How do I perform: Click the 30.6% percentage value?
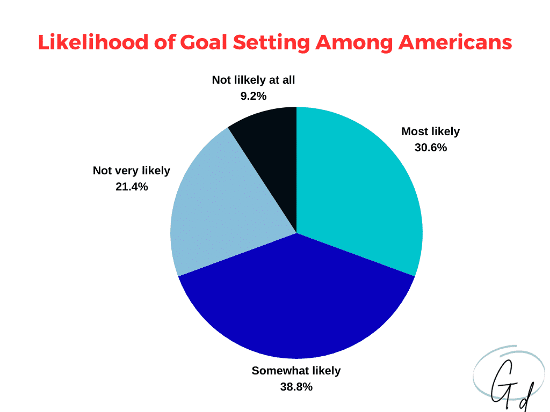(x=431, y=147)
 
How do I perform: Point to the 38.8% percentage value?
(x=296, y=386)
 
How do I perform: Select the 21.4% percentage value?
(x=132, y=187)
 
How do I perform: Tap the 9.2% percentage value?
(x=254, y=96)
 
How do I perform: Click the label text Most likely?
(x=431, y=131)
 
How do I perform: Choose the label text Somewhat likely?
(x=296, y=370)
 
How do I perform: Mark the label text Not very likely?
(x=132, y=171)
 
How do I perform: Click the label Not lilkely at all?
(x=254, y=80)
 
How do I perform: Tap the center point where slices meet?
(x=296, y=233)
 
